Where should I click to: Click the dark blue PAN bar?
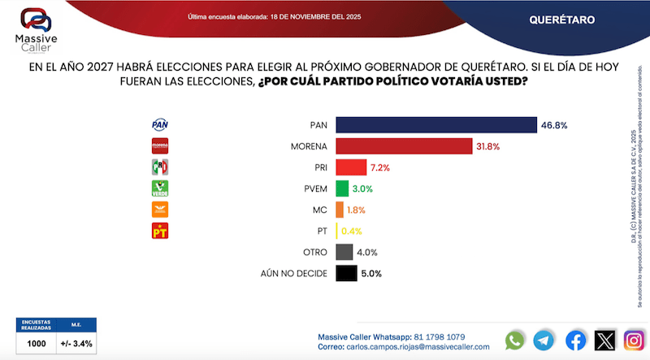(435, 124)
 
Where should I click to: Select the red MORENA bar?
(403, 146)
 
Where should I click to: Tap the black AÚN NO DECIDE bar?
(345, 273)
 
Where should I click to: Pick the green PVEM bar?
(341, 189)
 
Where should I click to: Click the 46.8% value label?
(554, 125)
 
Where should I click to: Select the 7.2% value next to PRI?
(381, 167)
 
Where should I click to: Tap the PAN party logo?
(160, 125)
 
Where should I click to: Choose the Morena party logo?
(160, 146)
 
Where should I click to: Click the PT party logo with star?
(160, 232)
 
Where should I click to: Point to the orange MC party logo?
(160, 210)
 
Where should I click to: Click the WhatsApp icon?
(515, 340)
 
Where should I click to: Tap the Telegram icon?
(545, 340)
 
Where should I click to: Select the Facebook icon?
(575, 340)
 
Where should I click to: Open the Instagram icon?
(634, 340)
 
